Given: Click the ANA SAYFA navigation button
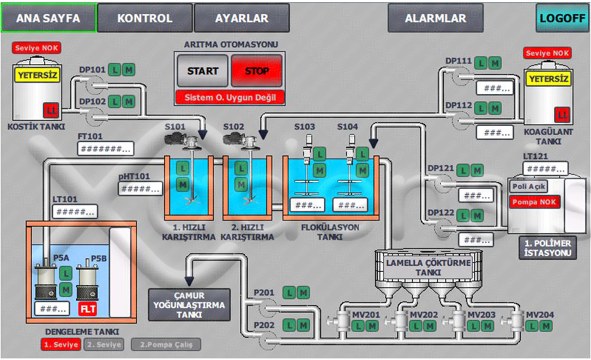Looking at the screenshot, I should (x=48, y=18).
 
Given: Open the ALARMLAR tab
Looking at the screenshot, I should (x=435, y=18).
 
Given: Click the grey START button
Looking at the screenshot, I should (x=203, y=71).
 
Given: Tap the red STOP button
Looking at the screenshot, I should (x=257, y=71).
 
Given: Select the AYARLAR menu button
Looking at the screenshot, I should (x=242, y=18).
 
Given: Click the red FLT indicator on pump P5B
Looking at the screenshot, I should (x=88, y=309).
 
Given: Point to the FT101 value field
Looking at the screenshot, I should (x=106, y=148).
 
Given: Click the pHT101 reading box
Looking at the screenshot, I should (x=141, y=188).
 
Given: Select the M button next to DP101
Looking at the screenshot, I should (x=128, y=70).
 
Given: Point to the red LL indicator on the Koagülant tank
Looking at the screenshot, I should (x=562, y=115).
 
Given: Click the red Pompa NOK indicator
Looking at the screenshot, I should (x=535, y=202).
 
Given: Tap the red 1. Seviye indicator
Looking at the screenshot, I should (x=61, y=345).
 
